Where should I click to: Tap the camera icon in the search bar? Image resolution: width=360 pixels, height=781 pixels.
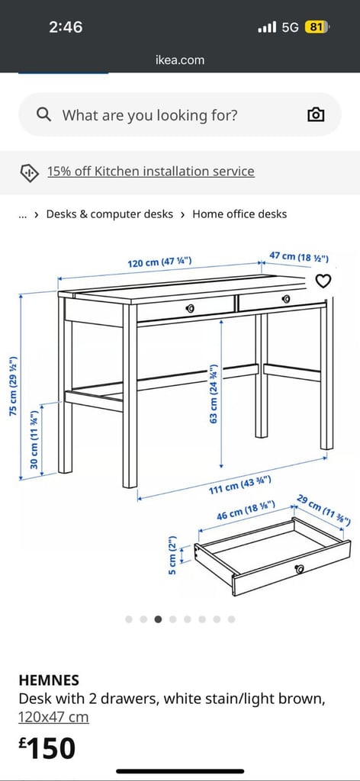click(x=317, y=115)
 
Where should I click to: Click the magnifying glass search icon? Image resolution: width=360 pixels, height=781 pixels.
click(x=43, y=115)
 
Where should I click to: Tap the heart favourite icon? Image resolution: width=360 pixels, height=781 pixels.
click(x=323, y=281)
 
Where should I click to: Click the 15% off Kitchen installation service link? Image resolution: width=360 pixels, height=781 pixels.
click(x=151, y=172)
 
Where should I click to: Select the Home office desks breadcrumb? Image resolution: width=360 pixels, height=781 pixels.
click(x=239, y=214)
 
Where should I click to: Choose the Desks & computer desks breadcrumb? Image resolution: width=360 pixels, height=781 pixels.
click(x=110, y=214)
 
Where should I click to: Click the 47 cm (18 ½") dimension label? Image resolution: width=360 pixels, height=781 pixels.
click(x=299, y=257)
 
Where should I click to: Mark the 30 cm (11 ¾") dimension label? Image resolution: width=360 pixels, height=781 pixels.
click(x=34, y=439)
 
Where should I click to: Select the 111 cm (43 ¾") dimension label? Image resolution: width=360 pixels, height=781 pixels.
click(x=240, y=484)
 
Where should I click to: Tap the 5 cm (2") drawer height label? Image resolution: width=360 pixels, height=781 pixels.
click(x=172, y=555)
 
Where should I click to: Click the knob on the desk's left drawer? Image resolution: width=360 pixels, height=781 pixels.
click(x=190, y=309)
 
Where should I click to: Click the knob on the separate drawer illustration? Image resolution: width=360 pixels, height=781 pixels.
click(x=299, y=569)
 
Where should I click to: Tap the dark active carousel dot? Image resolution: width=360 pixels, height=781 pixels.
click(x=158, y=619)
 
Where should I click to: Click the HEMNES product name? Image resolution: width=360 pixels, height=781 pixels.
click(x=49, y=680)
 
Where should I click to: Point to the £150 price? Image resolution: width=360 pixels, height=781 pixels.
click(x=47, y=748)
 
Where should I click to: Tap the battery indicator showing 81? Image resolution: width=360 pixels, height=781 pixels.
click(x=317, y=27)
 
